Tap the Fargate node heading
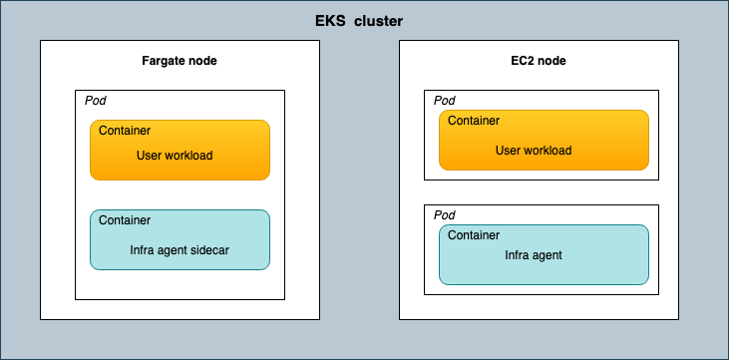pyautogui.click(x=180, y=61)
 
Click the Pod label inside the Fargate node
pyautogui.click(x=94, y=101)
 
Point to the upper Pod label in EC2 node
pyautogui.click(x=445, y=101)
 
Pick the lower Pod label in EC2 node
pyautogui.click(x=445, y=215)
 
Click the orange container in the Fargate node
pyautogui.click(x=180, y=150)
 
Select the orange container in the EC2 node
pyautogui.click(x=544, y=140)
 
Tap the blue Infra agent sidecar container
pyautogui.click(x=180, y=239)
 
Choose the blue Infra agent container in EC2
pyautogui.click(x=544, y=254)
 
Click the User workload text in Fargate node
pyautogui.click(x=175, y=156)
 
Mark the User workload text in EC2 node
pyautogui.click(x=534, y=151)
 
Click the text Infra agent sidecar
pyautogui.click(x=180, y=250)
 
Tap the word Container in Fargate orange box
pyautogui.click(x=125, y=130)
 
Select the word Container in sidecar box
pyautogui.click(x=125, y=220)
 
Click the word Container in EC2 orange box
pyautogui.click(x=474, y=121)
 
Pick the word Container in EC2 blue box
pyautogui.click(x=474, y=235)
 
